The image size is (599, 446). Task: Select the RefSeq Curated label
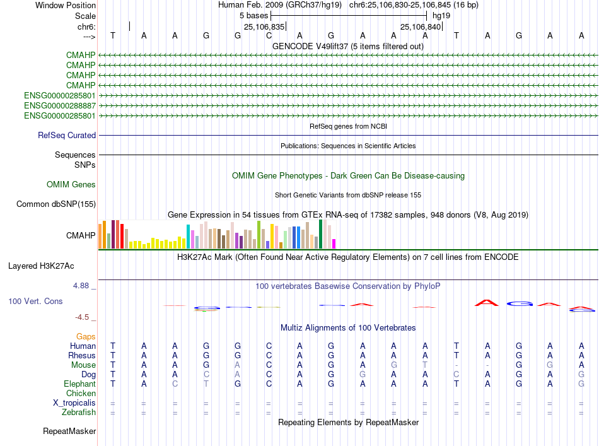tap(67, 135)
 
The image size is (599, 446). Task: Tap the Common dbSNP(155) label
tap(56, 204)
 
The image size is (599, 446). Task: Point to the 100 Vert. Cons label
tap(35, 302)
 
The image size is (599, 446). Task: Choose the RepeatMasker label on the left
tap(69, 431)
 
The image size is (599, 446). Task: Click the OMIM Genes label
tap(71, 185)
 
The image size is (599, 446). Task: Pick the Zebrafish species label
tap(79, 413)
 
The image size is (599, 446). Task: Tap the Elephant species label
tap(79, 384)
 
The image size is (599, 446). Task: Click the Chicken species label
tap(81, 393)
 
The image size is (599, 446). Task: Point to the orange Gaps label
tap(86, 336)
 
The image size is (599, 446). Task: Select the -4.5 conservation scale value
tap(83, 317)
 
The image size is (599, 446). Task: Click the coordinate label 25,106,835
tap(264, 26)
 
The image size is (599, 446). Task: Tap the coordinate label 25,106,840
tap(421, 26)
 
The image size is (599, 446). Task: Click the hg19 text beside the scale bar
tap(441, 15)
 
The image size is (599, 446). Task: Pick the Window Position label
tap(66, 5)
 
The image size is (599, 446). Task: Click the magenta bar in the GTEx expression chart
tap(334, 244)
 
